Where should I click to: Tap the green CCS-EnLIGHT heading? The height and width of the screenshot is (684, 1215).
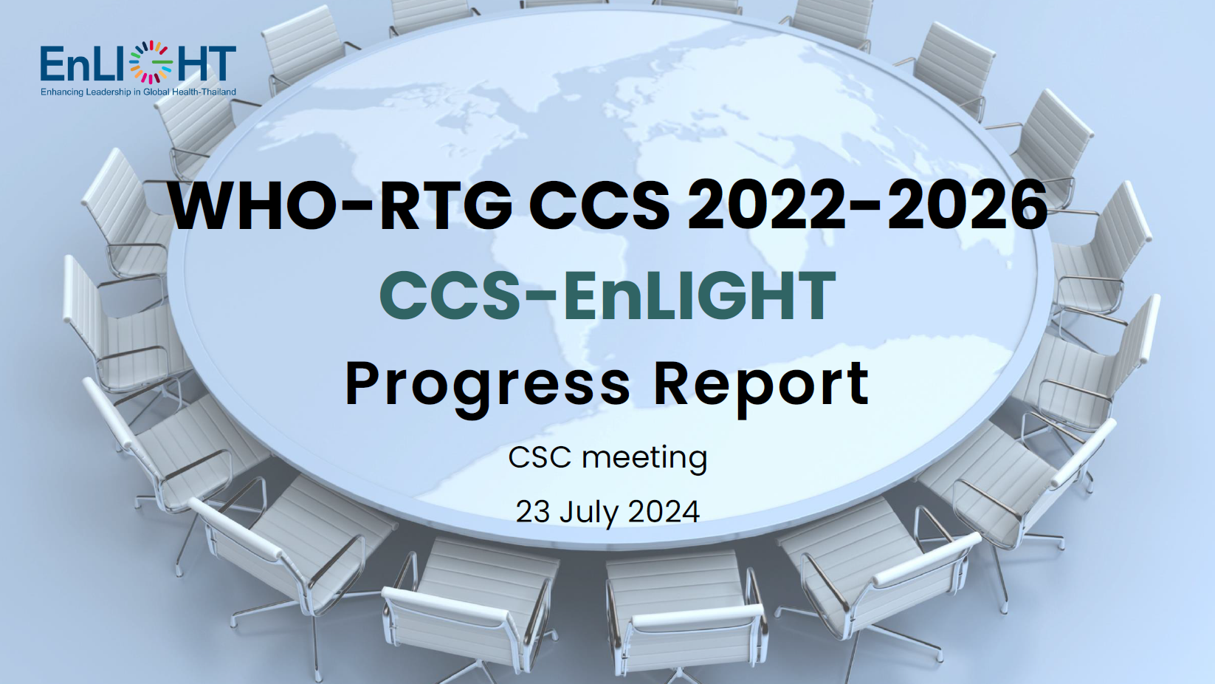tap(607, 296)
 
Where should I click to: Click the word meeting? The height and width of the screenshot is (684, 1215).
tap(644, 459)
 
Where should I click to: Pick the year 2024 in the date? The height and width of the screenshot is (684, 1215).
tap(661, 511)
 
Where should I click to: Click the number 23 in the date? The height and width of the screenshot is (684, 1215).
tap(533, 511)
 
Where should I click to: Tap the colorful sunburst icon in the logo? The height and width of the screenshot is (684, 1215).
tap(151, 63)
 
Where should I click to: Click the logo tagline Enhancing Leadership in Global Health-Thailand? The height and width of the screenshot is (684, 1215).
tap(138, 92)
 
